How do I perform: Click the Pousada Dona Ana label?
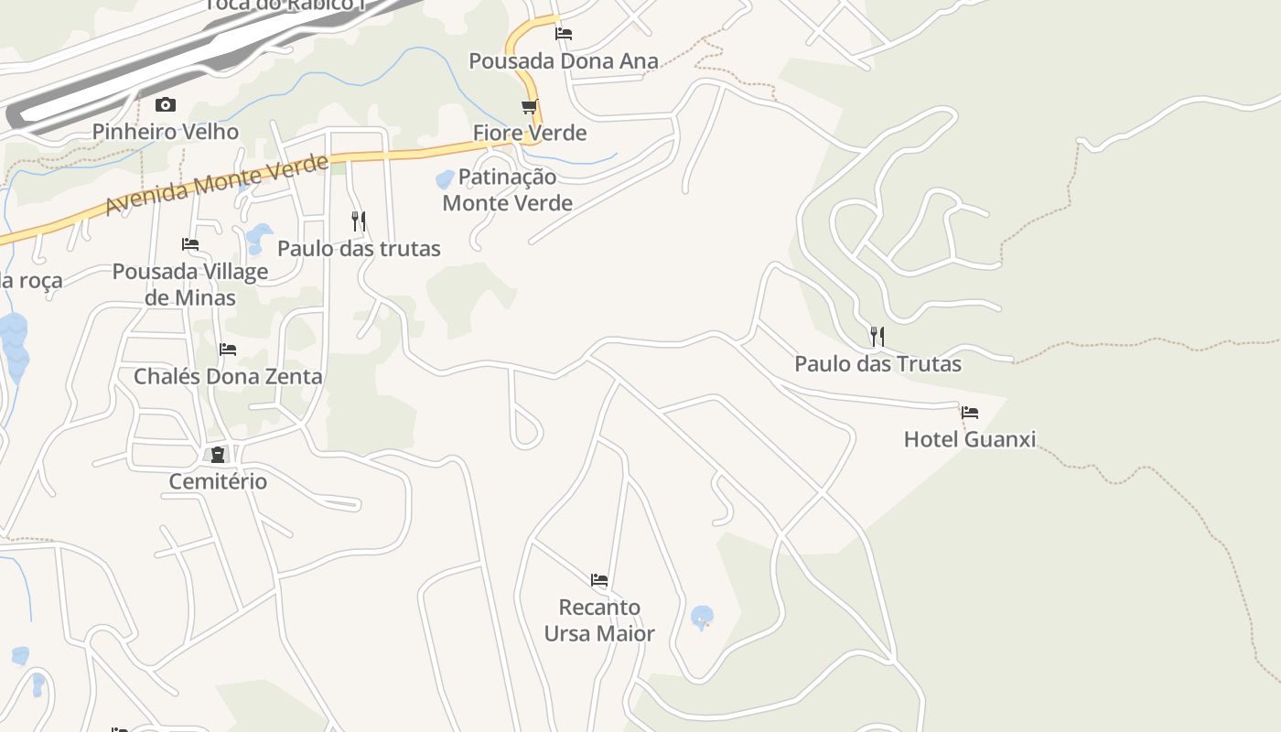563,61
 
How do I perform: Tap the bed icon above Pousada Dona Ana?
564,34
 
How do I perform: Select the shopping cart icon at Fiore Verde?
529,107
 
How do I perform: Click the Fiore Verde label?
529,134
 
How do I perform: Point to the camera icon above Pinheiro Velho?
165,104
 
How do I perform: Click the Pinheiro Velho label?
165,132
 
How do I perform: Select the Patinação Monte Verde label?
507,190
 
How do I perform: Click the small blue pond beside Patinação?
445,178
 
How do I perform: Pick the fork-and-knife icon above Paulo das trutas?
359,221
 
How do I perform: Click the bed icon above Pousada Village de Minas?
190,244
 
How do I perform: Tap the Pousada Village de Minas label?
190,285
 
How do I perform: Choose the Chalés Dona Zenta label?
228,377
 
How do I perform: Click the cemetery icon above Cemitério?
218,455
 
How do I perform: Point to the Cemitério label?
218,481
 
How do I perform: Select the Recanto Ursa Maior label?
599,620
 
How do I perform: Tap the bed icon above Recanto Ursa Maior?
599,580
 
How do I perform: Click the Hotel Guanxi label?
970,439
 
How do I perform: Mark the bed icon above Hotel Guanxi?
970,413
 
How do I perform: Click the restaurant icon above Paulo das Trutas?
877,337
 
